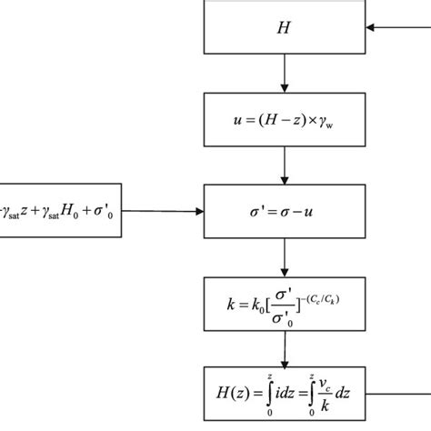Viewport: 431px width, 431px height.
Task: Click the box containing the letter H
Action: [x=285, y=28]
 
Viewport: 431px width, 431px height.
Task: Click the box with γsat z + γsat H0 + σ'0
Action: [x=60, y=212]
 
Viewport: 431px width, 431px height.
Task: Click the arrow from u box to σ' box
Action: [x=286, y=165]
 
